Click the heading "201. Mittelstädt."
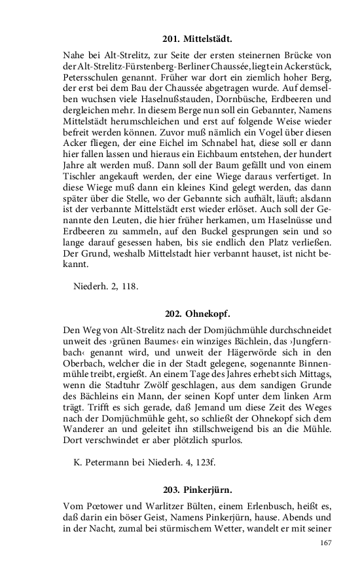pos(198,39)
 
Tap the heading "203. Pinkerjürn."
pos(198,489)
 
